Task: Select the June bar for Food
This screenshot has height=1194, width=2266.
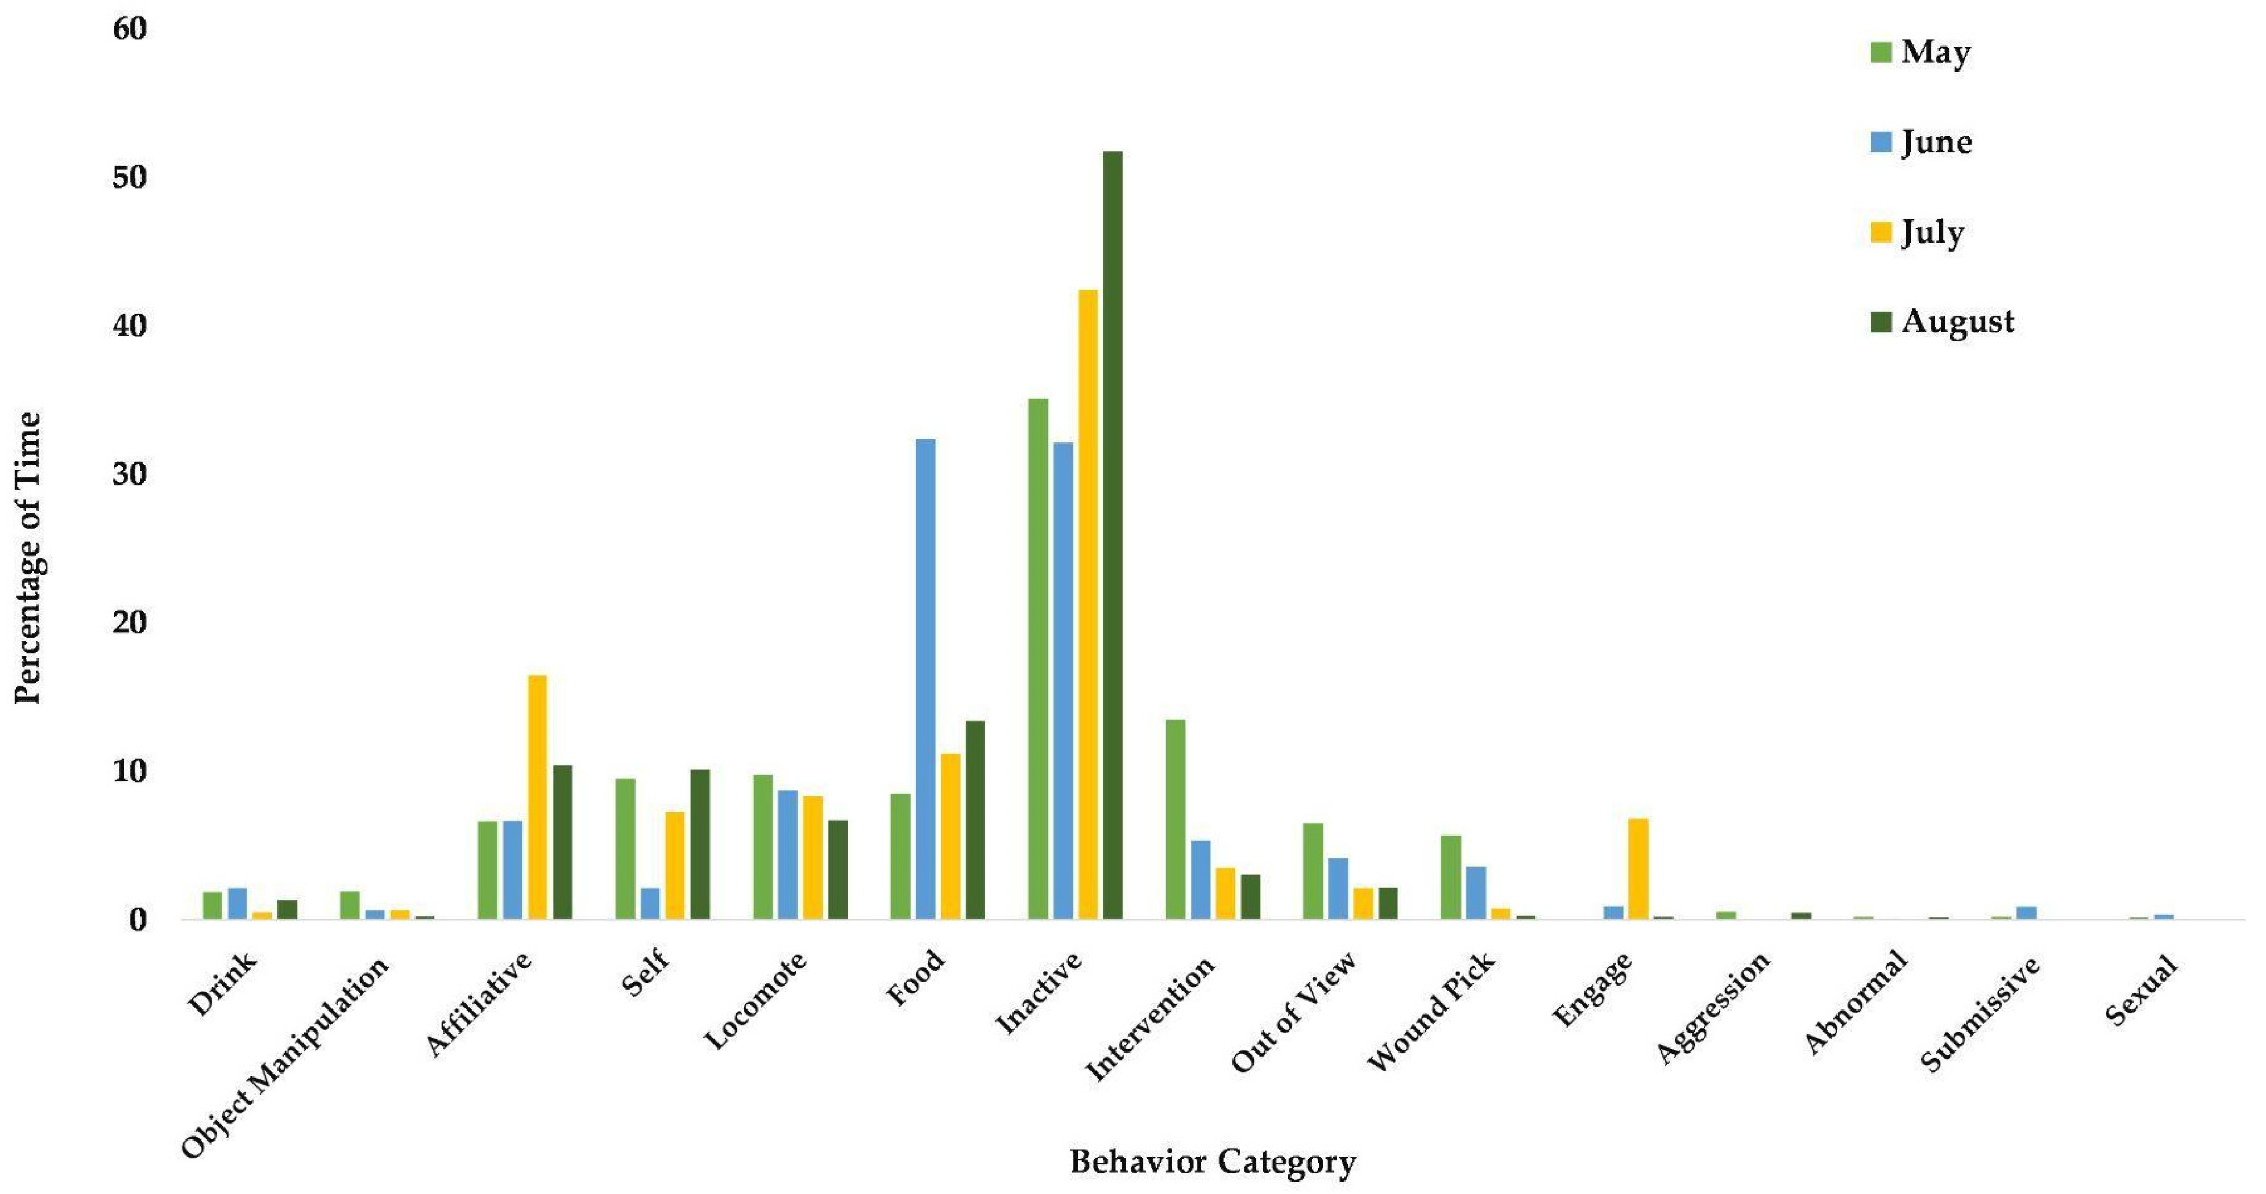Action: (x=926, y=678)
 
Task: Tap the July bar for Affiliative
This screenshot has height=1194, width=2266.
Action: (x=537, y=796)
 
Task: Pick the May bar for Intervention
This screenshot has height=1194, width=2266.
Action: (x=1175, y=819)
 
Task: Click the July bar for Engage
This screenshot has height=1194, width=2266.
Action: (x=1638, y=868)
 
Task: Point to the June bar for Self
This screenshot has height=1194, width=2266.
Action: (x=650, y=903)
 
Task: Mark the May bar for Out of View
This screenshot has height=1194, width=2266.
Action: (x=1313, y=870)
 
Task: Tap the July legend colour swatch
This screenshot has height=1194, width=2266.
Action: (x=1881, y=233)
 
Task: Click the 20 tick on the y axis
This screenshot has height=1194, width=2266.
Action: (x=128, y=623)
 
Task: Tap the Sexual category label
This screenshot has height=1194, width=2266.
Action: (x=2142, y=991)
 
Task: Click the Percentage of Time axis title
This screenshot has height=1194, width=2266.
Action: (x=28, y=558)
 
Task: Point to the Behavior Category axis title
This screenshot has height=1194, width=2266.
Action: (x=1212, y=1162)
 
